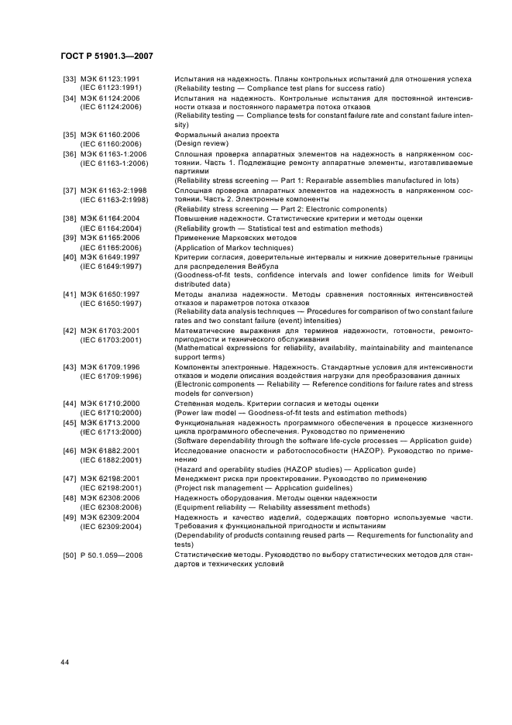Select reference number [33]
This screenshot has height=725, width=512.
click(69, 80)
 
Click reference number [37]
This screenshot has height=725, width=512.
click(69, 191)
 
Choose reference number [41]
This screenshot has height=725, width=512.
click(69, 294)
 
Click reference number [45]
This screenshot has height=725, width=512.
click(69, 422)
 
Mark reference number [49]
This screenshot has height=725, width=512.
click(69, 516)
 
